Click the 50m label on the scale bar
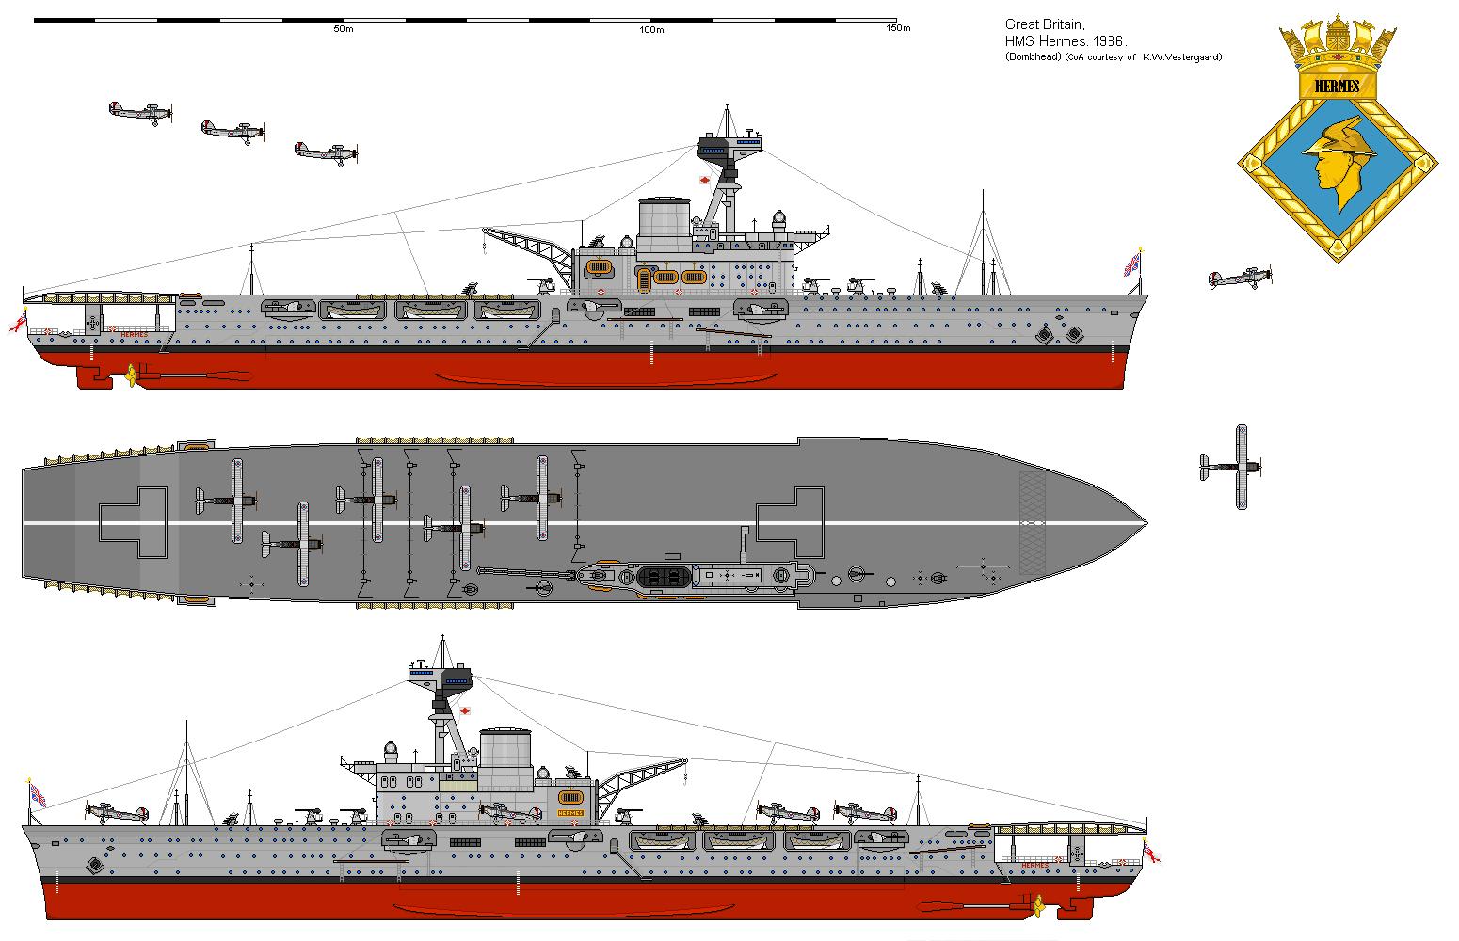pos(343,29)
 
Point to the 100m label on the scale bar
pos(651,29)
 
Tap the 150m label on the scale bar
pos(898,29)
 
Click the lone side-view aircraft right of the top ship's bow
pos(1241,278)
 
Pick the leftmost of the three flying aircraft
pos(140,112)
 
